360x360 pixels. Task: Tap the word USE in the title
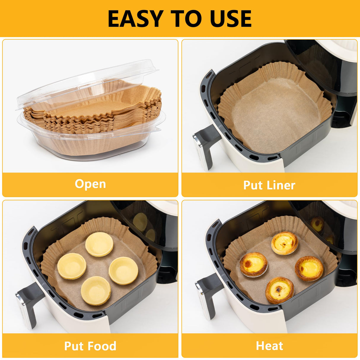pos(231,18)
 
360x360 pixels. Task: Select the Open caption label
pos(90,184)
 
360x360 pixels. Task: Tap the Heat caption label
pos(269,346)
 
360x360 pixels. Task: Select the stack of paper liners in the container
pos(95,119)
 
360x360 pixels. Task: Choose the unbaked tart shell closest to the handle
pos(71,266)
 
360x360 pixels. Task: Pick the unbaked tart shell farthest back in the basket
pos(99,244)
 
